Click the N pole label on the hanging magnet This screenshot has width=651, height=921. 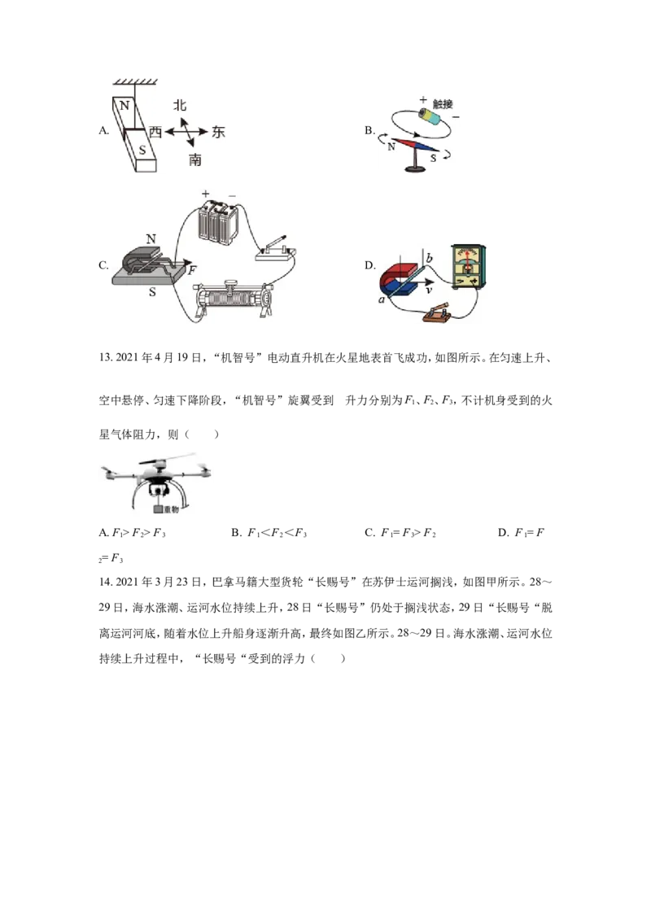click(x=124, y=106)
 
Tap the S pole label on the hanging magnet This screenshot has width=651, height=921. click(x=142, y=150)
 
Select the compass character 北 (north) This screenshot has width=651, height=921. click(x=180, y=105)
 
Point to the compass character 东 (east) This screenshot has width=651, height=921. click(x=218, y=132)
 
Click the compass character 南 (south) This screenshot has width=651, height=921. click(x=195, y=159)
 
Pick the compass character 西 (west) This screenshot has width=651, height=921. click(x=155, y=132)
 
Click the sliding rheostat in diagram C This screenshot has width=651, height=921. click(x=234, y=299)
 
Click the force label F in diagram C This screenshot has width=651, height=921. click(x=192, y=270)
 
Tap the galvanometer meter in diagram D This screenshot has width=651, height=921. click(x=469, y=267)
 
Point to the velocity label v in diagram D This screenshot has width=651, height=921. click(x=429, y=290)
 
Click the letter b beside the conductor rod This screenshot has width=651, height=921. click(x=429, y=259)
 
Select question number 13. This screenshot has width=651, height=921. click(x=105, y=358)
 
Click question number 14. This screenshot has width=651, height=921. click(x=105, y=582)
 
